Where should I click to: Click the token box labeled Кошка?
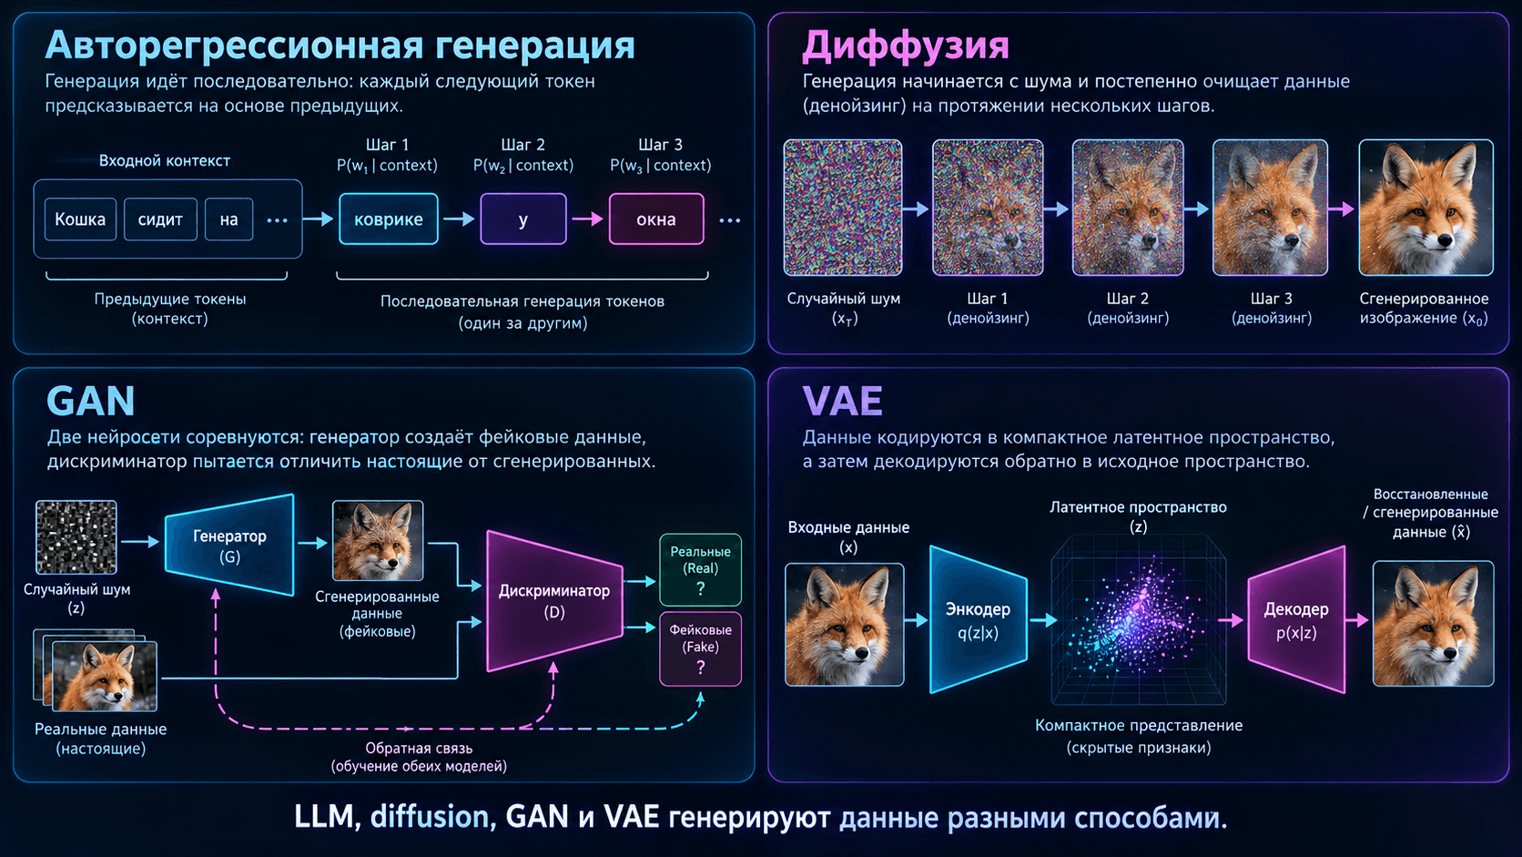point(80,219)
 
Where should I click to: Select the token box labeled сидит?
point(160,219)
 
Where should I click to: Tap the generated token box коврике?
point(389,219)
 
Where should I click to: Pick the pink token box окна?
point(656,219)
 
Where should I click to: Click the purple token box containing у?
point(523,219)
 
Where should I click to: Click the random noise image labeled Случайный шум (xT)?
point(843,208)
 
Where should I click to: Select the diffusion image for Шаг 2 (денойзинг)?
point(1128,208)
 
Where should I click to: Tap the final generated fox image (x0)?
point(1426,208)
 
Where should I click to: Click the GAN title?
point(91,401)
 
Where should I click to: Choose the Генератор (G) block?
point(229,545)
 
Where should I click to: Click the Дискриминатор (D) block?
point(554,601)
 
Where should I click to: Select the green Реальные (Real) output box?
point(701,569)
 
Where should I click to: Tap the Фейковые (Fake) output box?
point(701,649)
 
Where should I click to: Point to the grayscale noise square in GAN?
point(76,537)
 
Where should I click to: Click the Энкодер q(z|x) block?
point(979,620)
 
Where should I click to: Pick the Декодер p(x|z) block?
point(1296,620)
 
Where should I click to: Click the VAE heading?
point(843,401)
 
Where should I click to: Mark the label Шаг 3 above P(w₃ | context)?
point(661,145)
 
